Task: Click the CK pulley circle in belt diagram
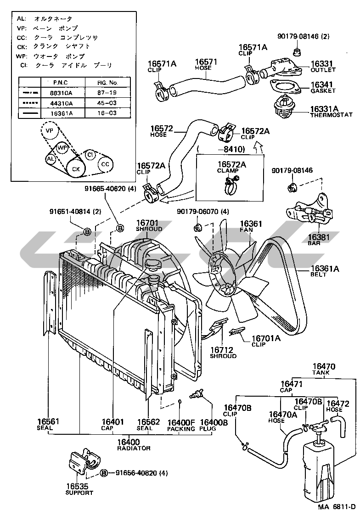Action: pyautogui.click(x=76, y=169)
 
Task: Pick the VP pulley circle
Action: pyautogui.click(x=49, y=131)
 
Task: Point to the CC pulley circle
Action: pyautogui.click(x=105, y=164)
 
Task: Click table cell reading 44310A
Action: pyautogui.click(x=62, y=103)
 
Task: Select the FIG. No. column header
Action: pyautogui.click(x=107, y=83)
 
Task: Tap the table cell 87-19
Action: pyautogui.click(x=107, y=93)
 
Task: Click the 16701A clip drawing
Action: pyautogui.click(x=238, y=330)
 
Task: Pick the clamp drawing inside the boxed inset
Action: pyautogui.click(x=231, y=185)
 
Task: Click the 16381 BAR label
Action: pyautogui.click(x=314, y=240)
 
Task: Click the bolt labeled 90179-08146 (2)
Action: pyautogui.click(x=296, y=51)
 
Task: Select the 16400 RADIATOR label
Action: pyautogui.click(x=134, y=444)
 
